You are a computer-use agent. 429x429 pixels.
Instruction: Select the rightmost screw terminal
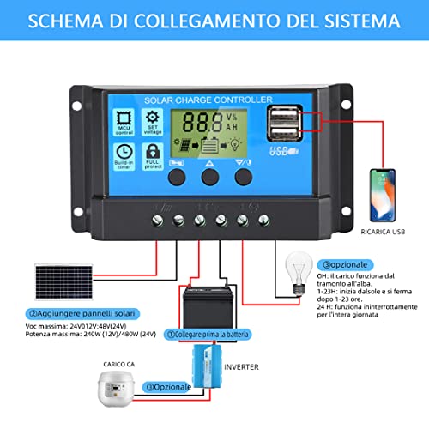(x=263, y=220)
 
